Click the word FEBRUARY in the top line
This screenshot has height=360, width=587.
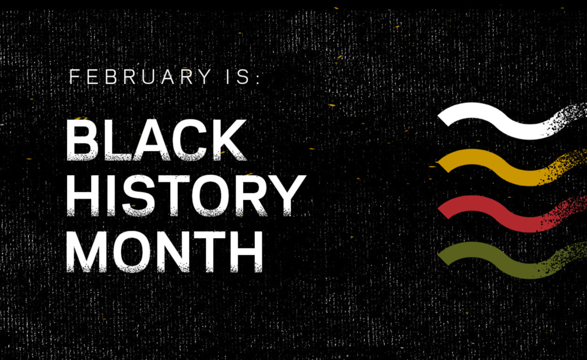point(140,77)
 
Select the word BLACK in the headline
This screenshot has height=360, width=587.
point(156,140)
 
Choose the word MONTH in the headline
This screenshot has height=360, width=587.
point(165,252)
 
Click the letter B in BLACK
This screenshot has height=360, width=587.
point(82,140)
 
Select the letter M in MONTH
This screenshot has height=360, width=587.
point(87,252)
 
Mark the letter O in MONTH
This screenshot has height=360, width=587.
point(132,252)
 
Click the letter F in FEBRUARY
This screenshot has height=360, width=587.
point(74,77)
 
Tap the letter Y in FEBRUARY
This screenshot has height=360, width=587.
point(205,77)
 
